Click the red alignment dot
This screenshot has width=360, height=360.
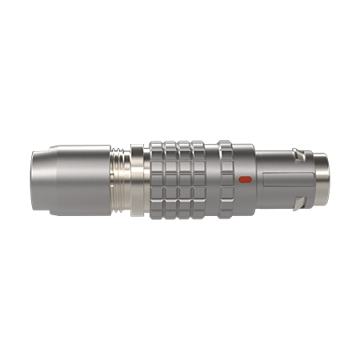246,179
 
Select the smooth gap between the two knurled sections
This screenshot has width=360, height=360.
211,180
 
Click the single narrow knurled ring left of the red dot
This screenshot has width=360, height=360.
226,180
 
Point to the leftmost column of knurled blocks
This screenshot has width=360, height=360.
156,180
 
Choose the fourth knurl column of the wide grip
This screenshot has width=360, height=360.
195,180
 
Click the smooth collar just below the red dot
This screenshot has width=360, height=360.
246,200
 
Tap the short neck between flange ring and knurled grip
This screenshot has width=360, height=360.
146,180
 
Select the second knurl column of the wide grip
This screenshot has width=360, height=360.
170,180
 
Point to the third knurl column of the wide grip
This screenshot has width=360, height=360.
182,180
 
